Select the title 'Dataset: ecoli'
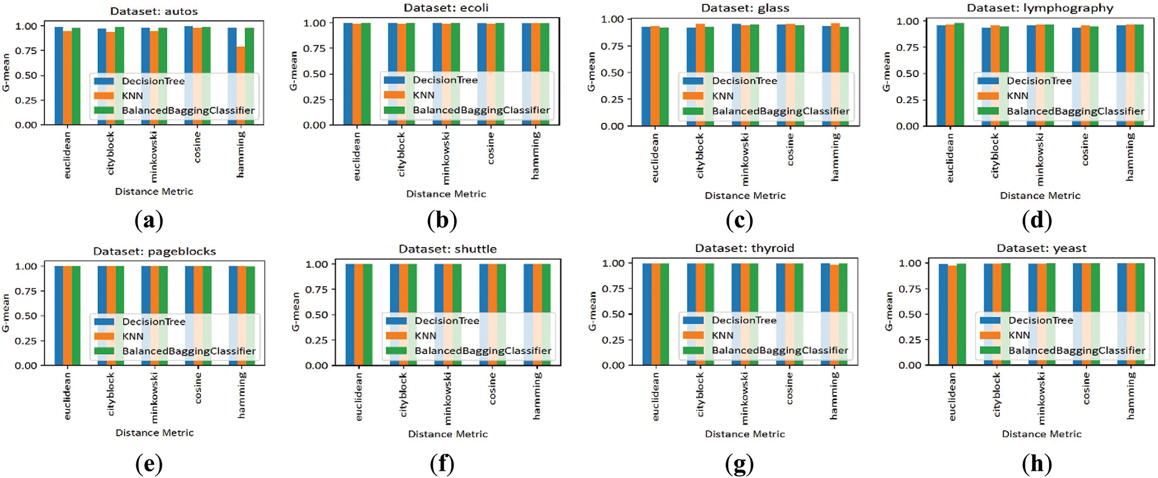(446, 8)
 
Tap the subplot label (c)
(740, 220)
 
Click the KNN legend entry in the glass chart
(723, 96)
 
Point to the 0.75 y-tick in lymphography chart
(908, 47)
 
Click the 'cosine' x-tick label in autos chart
(197, 148)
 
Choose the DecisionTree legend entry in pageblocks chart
(154, 321)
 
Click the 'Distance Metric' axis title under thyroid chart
(745, 434)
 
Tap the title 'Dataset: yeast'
(1041, 248)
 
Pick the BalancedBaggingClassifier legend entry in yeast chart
(1077, 350)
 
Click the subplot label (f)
(442, 465)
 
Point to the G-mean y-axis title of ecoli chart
(294, 71)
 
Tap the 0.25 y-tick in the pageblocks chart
(26, 341)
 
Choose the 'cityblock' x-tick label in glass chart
(700, 155)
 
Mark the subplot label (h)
(1037, 465)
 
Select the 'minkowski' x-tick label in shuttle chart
(448, 398)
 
